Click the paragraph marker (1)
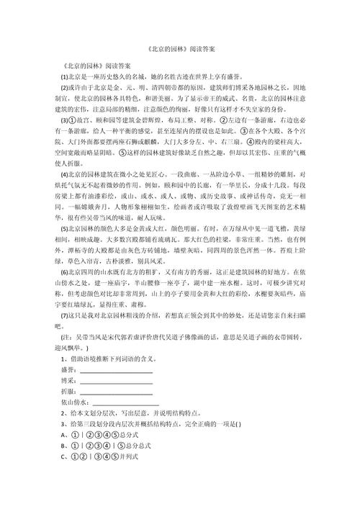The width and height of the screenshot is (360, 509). coord(64,76)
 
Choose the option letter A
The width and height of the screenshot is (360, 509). coord(64,435)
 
